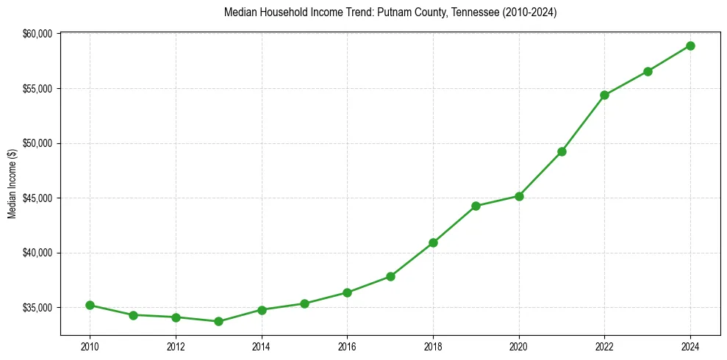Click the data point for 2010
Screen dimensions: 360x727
click(90, 305)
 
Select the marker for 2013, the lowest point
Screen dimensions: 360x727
click(218, 321)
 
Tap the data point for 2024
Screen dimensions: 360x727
click(690, 46)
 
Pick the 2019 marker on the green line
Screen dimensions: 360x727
click(476, 206)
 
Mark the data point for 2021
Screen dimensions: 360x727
click(562, 151)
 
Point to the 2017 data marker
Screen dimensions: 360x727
click(390, 276)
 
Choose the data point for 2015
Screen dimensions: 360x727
click(304, 303)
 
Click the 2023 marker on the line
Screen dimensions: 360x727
click(648, 71)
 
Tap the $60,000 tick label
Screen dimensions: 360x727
click(37, 34)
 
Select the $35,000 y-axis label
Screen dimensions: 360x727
click(37, 308)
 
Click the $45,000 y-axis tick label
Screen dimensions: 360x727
click(37, 198)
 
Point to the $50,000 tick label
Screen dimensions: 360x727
click(37, 143)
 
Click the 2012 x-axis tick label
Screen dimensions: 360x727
click(175, 345)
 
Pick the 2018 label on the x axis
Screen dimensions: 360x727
click(433, 345)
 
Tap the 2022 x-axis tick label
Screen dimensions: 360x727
click(604, 345)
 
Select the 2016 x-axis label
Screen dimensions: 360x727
click(347, 345)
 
